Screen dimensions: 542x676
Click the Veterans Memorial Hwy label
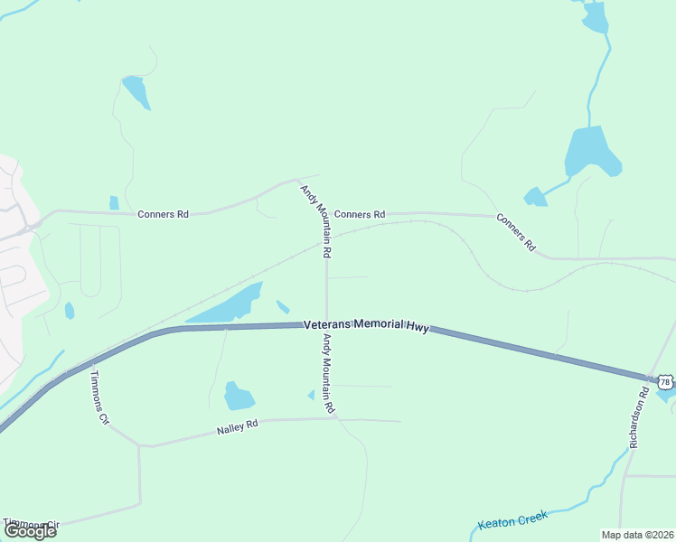click(365, 325)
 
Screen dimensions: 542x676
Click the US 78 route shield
click(665, 382)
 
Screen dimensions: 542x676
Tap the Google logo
click(30, 530)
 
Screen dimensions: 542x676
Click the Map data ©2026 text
click(636, 535)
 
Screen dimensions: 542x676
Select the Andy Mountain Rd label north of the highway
click(317, 220)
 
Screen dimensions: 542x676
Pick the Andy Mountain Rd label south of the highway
click(328, 374)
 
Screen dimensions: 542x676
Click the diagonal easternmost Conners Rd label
click(516, 232)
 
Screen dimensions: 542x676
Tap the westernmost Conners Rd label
click(163, 214)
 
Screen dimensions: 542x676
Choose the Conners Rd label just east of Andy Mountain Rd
click(359, 214)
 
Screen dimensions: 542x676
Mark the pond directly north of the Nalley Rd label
click(238, 396)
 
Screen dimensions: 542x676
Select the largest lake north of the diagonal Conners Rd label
click(591, 151)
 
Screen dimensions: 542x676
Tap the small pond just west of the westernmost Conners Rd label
click(114, 202)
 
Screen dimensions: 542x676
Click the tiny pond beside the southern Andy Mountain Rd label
click(311, 395)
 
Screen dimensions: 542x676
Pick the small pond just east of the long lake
click(283, 307)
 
